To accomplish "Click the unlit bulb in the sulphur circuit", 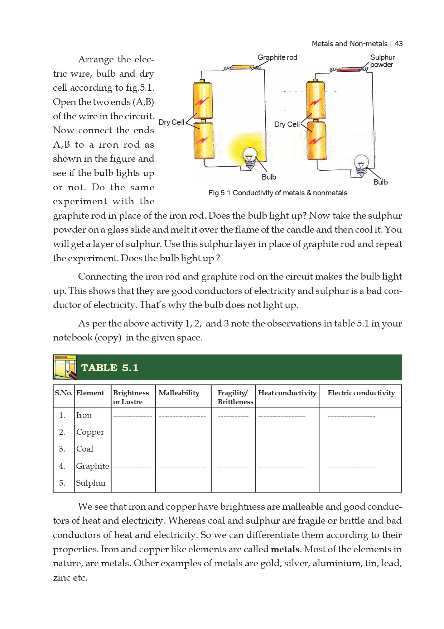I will coord(361,163).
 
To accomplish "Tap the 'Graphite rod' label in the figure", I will coord(277,57).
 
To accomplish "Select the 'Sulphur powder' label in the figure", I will coord(382,61).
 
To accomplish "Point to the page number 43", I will coord(399,44).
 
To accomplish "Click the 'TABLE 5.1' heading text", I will coord(110,368).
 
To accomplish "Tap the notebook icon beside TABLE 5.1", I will coord(65,367).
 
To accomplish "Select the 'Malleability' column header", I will coord(179,393).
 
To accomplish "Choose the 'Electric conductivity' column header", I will coord(361,393).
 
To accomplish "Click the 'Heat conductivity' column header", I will coord(287,393).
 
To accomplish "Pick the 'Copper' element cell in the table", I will coord(90,432).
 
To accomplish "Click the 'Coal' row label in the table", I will coord(85,449).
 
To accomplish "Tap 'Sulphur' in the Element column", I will coord(91,483).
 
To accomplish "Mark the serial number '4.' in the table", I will coord(62,466).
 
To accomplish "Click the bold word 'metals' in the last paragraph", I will coord(285,549).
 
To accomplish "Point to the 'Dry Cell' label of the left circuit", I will coord(171,122).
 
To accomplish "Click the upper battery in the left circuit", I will coord(203,100).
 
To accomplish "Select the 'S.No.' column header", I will coord(64,393).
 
